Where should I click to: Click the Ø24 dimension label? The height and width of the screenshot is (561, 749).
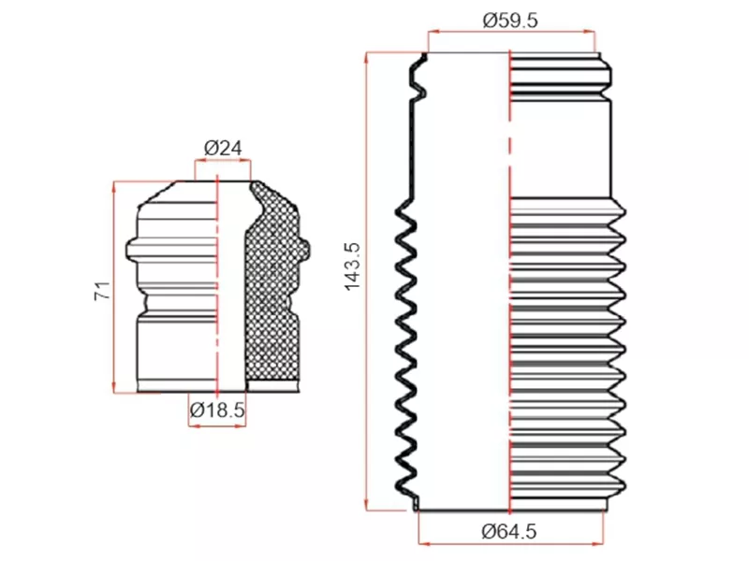point(223,148)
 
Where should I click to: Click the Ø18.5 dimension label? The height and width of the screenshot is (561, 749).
point(217,409)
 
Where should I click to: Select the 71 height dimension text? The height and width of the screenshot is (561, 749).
point(102,290)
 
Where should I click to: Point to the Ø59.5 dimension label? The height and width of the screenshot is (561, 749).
point(510,20)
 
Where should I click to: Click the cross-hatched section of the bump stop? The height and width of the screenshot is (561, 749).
point(273,290)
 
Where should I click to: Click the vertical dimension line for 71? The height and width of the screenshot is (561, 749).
point(114,280)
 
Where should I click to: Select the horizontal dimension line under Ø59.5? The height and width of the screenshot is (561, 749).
point(510,32)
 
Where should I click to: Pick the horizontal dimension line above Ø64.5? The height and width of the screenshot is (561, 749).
point(510,543)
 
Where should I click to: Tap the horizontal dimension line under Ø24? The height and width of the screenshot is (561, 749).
point(223,161)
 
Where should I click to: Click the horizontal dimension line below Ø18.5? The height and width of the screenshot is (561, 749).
point(217,425)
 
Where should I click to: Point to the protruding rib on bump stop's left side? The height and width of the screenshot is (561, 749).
point(131,248)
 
